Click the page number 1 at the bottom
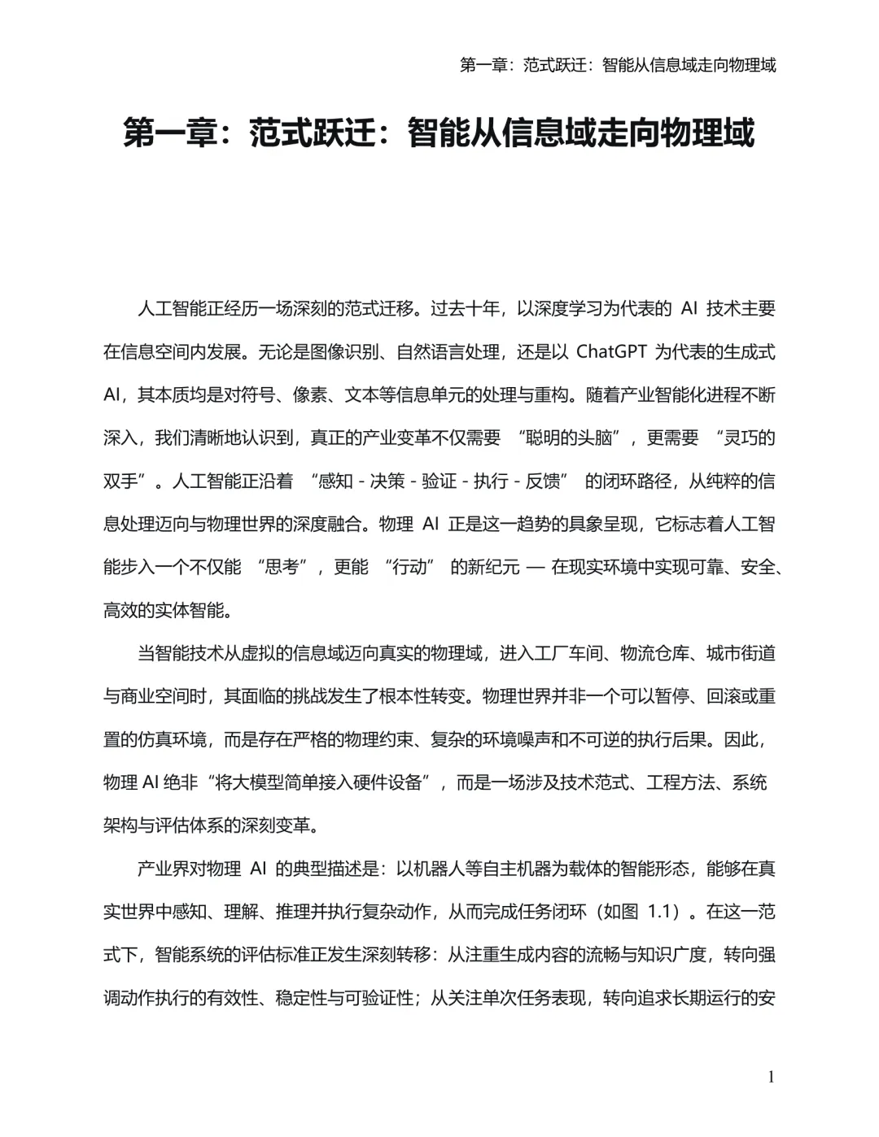[771, 1077]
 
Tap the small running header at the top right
[618, 65]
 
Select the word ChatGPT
[611, 352]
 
